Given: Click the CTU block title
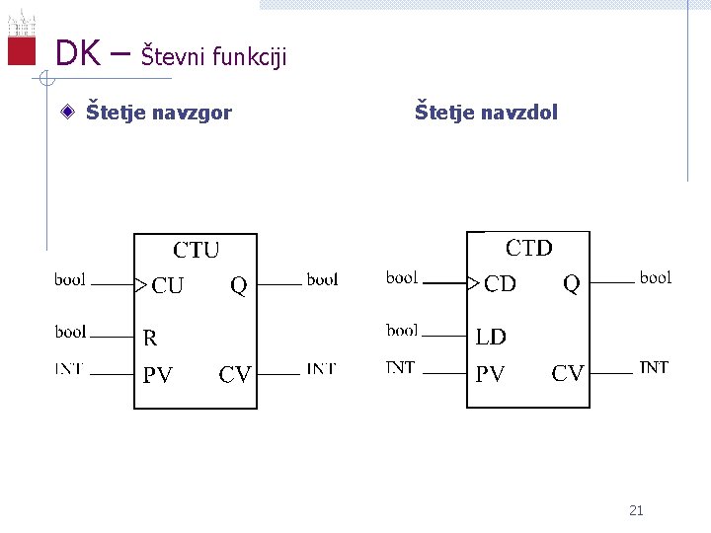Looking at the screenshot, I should [197, 250].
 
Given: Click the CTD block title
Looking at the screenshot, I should [528, 248].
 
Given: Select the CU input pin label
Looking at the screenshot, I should [167, 286].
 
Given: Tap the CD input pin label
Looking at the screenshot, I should [500, 284].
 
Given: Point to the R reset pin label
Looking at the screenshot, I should [150, 339].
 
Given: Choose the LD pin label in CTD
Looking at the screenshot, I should [491, 337].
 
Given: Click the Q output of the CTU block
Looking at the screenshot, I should [238, 286].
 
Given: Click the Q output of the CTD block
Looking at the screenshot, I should [571, 284].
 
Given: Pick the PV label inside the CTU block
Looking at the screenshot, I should [157, 375].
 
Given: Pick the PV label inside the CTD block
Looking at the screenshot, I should [490, 374].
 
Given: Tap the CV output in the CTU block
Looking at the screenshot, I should [235, 375].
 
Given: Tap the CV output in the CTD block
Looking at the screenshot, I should [568, 374].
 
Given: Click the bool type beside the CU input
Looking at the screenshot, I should [70, 280].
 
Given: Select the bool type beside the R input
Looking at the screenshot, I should [70, 332].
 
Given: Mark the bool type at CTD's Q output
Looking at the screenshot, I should [655, 277].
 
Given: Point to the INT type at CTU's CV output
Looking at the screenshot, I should [321, 369].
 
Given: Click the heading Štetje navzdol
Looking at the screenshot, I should [486, 113].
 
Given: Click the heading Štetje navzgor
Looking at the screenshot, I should [158, 113].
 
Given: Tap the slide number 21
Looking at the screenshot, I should [636, 510].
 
